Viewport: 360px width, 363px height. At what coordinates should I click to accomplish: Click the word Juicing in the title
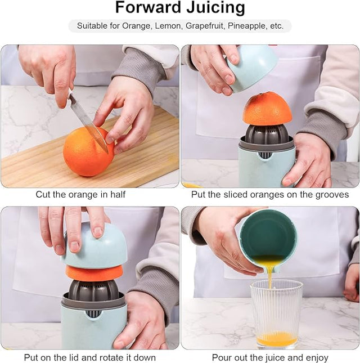point(212,8)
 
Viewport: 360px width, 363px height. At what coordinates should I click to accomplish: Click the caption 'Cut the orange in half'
point(80,195)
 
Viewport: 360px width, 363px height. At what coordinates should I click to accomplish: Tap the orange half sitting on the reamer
point(267,109)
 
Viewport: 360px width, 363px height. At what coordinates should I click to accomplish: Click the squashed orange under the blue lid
point(94,273)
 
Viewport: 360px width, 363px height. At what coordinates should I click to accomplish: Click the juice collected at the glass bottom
point(277,339)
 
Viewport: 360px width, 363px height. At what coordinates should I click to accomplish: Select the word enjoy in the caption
point(316,357)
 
